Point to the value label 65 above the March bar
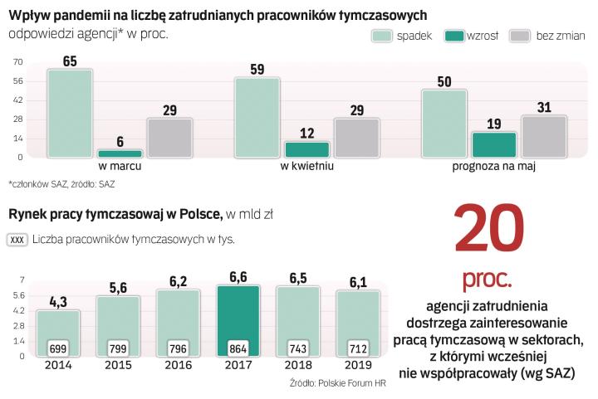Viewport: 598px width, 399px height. coord(70,61)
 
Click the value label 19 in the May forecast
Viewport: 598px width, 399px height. coord(494,124)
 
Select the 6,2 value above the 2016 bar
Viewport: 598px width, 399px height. coord(179,281)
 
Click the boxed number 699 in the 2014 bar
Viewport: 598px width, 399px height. coord(58,348)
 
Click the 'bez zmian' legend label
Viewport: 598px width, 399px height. coord(561,36)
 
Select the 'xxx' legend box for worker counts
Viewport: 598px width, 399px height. coord(17,240)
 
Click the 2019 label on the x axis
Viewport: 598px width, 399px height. coord(358,364)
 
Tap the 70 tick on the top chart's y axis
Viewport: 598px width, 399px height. coord(17,62)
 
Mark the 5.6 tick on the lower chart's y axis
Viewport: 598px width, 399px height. coord(17,295)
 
